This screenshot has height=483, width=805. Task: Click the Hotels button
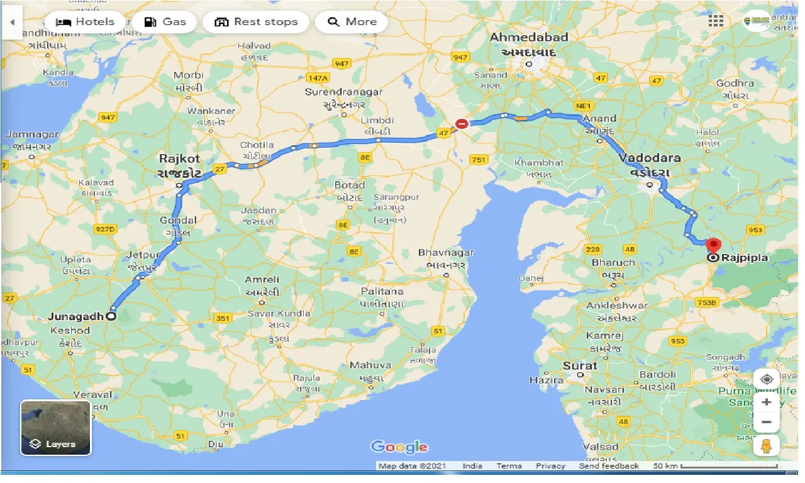[x=85, y=22]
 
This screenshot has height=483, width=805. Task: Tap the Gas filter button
[x=165, y=22]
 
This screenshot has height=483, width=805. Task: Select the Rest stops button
[x=255, y=22]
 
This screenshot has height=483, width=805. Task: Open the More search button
[x=352, y=22]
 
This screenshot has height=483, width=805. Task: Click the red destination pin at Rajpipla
[x=713, y=245]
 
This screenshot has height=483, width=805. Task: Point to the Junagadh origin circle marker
[x=111, y=317]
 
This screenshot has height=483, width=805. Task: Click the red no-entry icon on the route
[x=462, y=124]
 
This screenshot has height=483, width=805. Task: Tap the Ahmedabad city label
[x=528, y=38]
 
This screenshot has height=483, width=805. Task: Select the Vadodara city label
[x=649, y=158]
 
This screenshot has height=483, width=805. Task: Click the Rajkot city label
[x=180, y=159]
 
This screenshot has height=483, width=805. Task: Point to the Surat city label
[x=580, y=365]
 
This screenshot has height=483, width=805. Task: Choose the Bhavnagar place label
[x=446, y=253]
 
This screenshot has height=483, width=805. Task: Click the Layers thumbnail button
[x=56, y=428]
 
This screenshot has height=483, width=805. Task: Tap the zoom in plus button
[x=766, y=402]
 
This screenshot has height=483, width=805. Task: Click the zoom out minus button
[x=766, y=422]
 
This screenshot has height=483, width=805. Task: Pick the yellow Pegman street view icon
[x=766, y=447]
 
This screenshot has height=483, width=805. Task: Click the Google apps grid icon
[x=716, y=21]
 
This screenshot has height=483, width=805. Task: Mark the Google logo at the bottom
[x=399, y=447]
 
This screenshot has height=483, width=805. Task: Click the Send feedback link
[x=609, y=466]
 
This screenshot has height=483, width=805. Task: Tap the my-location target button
[x=766, y=380]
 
